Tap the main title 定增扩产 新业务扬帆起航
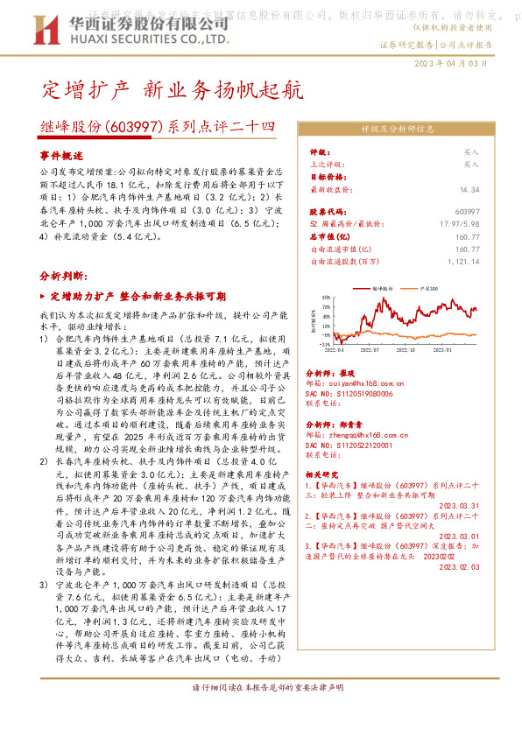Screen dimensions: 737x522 point(172,90)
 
